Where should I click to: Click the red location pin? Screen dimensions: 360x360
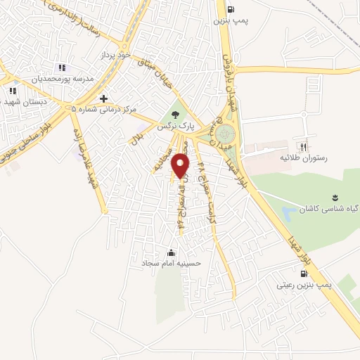(x=181, y=166)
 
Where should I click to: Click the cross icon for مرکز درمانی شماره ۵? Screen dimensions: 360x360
(x=103, y=98)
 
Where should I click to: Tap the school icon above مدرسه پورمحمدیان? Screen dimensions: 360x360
(x=62, y=67)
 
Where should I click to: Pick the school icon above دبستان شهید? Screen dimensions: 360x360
(x=12, y=90)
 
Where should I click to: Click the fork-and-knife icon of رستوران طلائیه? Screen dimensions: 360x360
(x=304, y=148)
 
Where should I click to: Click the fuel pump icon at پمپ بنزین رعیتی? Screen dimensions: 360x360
(x=303, y=274)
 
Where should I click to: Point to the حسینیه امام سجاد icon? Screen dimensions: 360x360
(x=171, y=252)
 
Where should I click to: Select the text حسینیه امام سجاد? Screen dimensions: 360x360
(x=172, y=264)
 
